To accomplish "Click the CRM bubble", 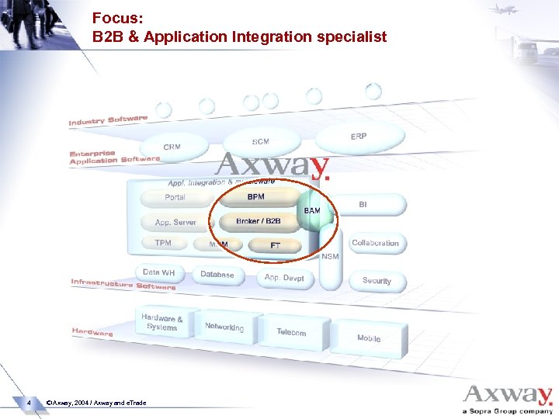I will click(x=172, y=147).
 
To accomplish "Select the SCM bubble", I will click(x=261, y=142).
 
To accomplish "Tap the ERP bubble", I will click(x=359, y=137).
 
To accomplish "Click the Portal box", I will click(x=175, y=198).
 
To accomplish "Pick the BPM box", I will click(x=256, y=198).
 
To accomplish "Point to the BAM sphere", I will click(x=313, y=212).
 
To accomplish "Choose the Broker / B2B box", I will click(x=259, y=222).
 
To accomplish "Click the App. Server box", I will click(x=175, y=223).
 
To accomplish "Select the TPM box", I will click(x=163, y=244).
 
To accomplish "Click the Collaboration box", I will click(x=375, y=244).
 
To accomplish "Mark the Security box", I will click(x=377, y=281).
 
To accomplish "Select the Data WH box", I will click(x=159, y=273).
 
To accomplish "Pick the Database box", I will click(x=217, y=275).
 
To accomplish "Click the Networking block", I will click(x=224, y=328).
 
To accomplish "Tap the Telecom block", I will click(x=291, y=333).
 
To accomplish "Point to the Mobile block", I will click(x=369, y=339).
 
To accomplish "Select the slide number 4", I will click(x=29, y=403).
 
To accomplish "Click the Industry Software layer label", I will click(x=108, y=120).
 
